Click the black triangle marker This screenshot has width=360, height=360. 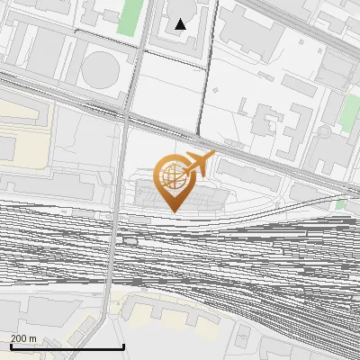181,24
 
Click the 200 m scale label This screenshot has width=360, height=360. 24,338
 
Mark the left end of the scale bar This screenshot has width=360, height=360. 10,347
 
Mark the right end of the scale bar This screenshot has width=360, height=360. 123,347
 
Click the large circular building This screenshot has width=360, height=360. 100,70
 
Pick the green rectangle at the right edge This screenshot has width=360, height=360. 349,112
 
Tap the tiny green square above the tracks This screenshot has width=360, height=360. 339,205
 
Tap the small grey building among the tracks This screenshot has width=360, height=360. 131,240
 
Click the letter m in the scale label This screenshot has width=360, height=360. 32,338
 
